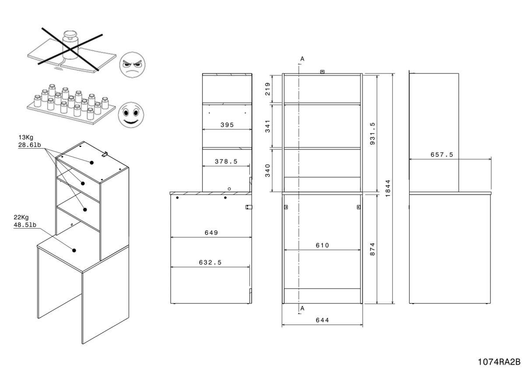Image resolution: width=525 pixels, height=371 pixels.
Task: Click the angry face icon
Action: pos(132,66)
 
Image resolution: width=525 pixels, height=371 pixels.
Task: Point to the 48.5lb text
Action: pos(27,225)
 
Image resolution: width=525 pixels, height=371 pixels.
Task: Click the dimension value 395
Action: pos(227,125)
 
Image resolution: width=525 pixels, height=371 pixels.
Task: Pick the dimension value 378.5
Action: pos(226,161)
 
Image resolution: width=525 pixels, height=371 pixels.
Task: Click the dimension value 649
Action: pos(210,233)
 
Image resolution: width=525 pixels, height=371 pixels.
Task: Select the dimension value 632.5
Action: pos(210,262)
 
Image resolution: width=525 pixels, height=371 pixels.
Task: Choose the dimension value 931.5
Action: pos(373,133)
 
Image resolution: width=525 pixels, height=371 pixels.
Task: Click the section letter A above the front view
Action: pos(302,58)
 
